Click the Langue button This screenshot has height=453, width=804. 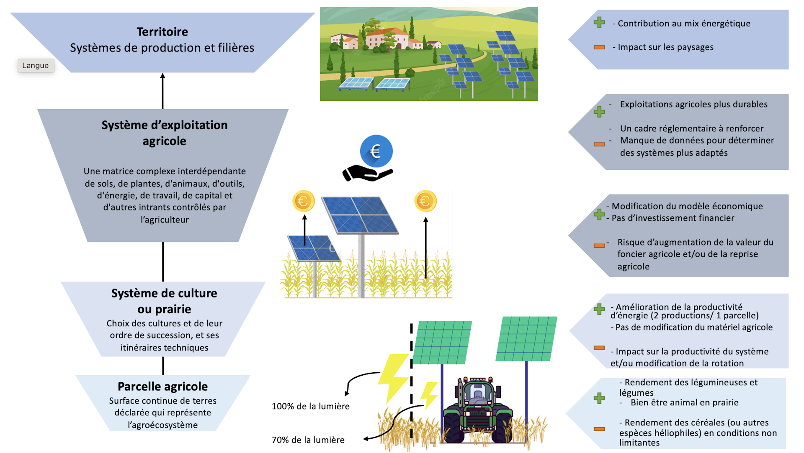[36, 66]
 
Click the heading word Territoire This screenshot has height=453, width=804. [162, 32]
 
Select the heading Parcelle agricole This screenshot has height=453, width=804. [162, 386]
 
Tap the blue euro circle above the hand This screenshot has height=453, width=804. [376, 151]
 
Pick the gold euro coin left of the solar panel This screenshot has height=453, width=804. [303, 201]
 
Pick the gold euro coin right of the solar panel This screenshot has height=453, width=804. [425, 201]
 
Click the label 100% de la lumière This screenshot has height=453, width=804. [310, 406]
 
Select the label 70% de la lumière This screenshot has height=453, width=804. [308, 440]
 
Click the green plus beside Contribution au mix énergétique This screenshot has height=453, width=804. [599, 23]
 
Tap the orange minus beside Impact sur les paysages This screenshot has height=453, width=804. [599, 47]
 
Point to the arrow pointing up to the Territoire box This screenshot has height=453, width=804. [162, 90]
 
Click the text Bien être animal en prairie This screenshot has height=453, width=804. [684, 402]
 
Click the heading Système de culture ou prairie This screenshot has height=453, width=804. [164, 301]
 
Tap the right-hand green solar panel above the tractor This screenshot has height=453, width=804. [526, 339]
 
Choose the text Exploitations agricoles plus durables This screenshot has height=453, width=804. [693, 104]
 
